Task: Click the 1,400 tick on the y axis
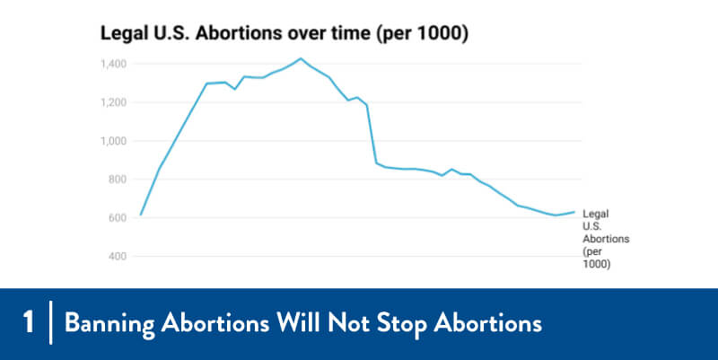point(115,64)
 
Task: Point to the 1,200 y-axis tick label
point(115,102)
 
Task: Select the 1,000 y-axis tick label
point(115,141)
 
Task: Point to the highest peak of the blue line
point(301,58)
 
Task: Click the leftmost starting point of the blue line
point(141,215)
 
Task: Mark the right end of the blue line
point(574,212)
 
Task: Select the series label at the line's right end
point(605,240)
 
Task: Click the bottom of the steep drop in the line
point(376,163)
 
